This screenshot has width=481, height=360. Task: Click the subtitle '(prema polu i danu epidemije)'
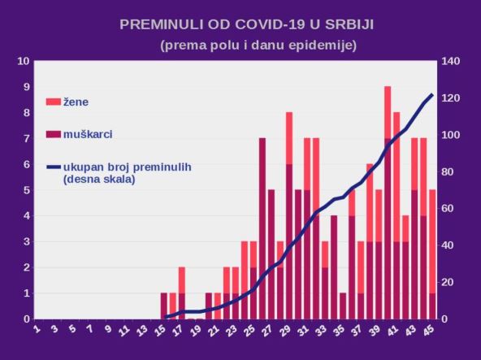pos(258,45)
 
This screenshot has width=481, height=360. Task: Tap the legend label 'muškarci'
pos(87,133)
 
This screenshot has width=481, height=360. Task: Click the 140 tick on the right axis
pos(449,61)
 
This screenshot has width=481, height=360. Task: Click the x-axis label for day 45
pos(430,332)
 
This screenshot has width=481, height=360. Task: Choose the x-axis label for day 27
pos(270,332)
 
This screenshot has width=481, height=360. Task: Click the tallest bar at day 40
pos(388,203)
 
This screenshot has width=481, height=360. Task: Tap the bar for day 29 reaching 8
pos(289,215)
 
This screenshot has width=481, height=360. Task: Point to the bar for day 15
pos(164,306)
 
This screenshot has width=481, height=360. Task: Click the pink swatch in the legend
pos(54,102)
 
